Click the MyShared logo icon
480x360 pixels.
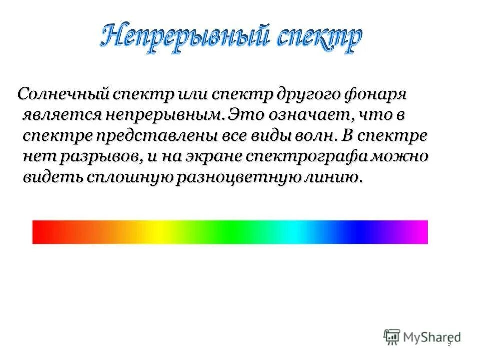tap(392, 337)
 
